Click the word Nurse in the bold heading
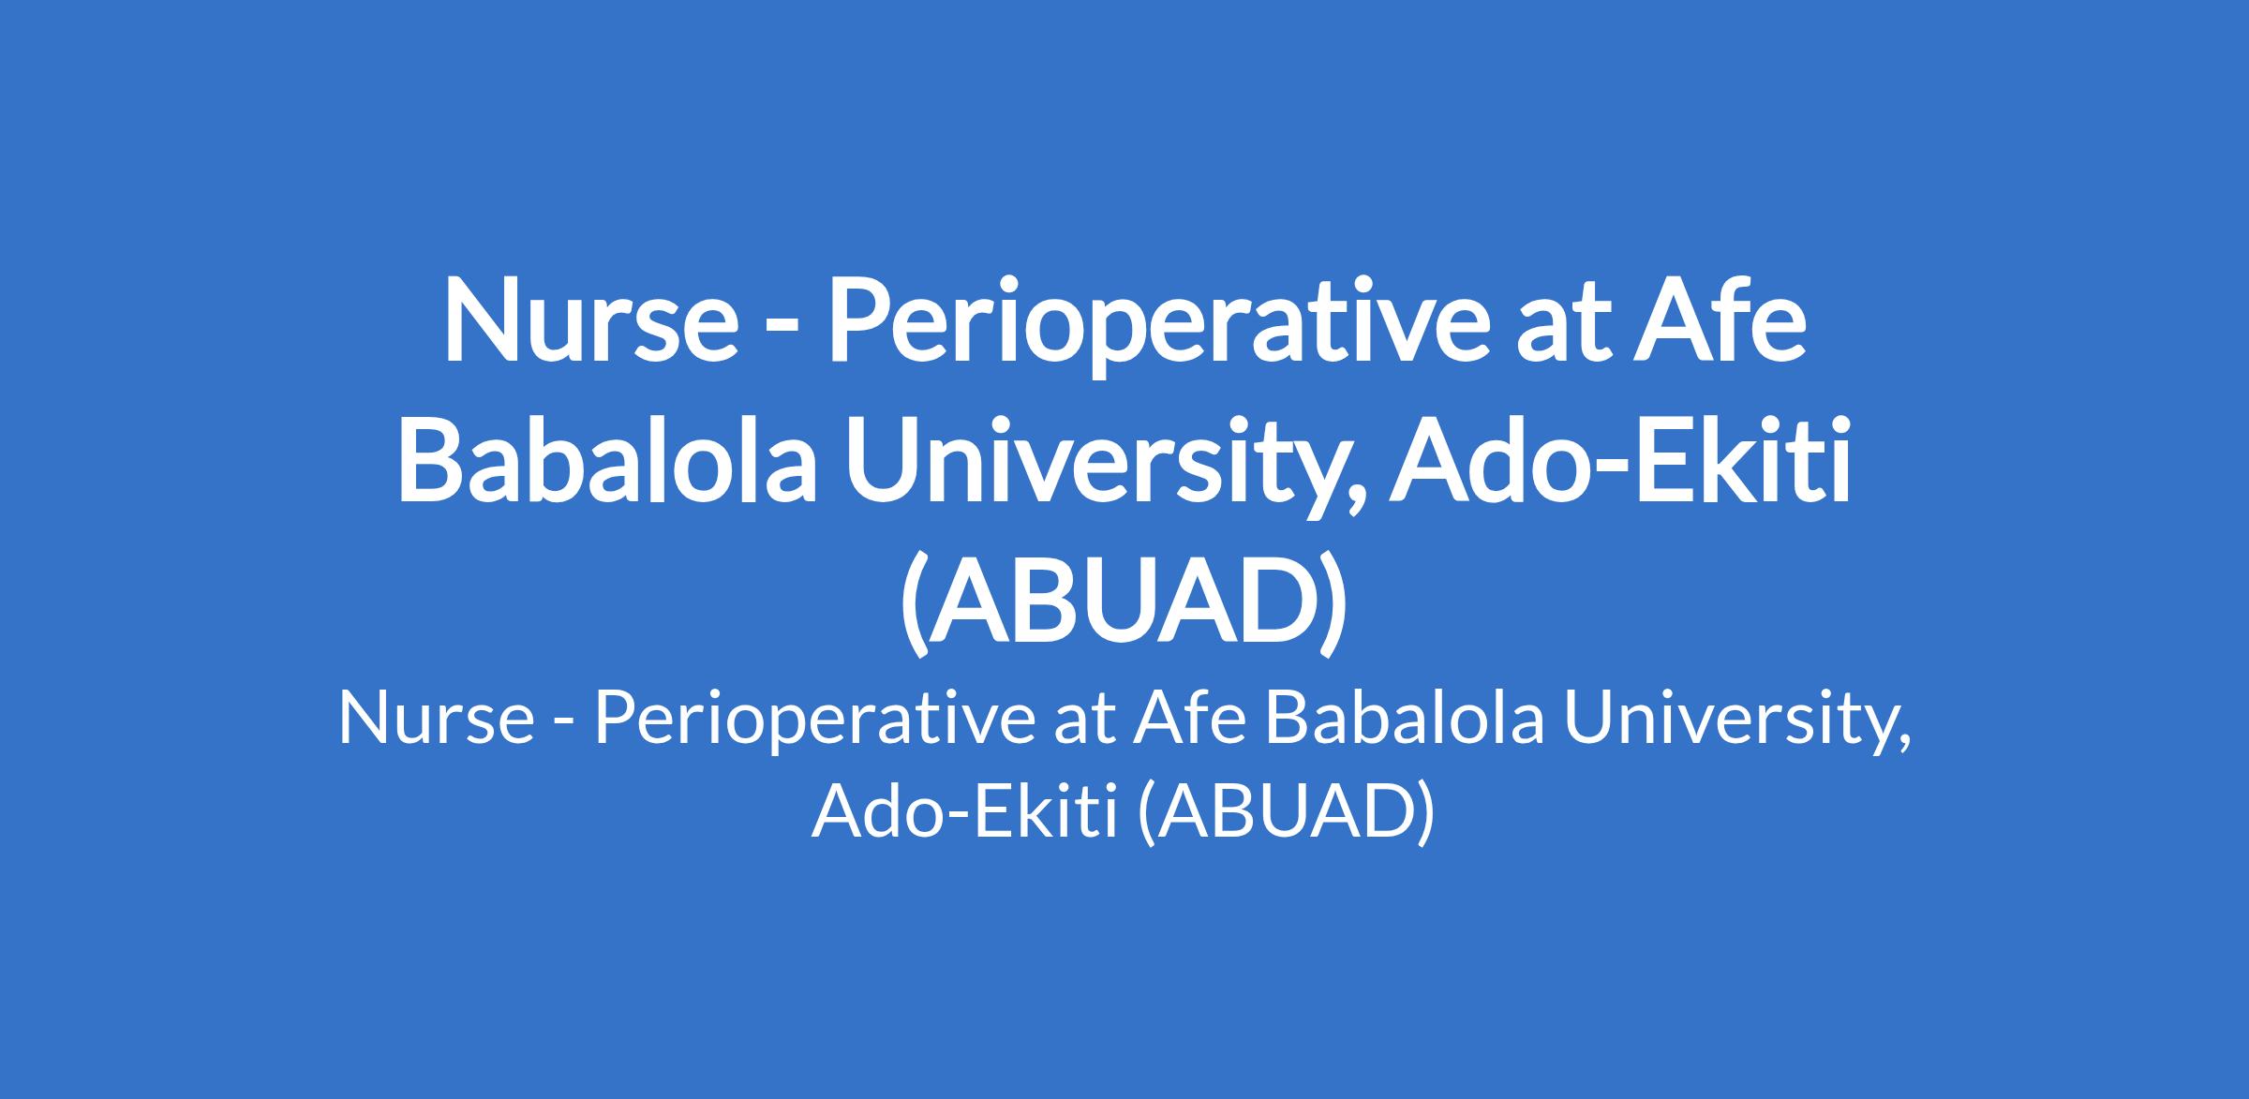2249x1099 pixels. click(591, 318)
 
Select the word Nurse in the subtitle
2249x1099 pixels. click(436, 720)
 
